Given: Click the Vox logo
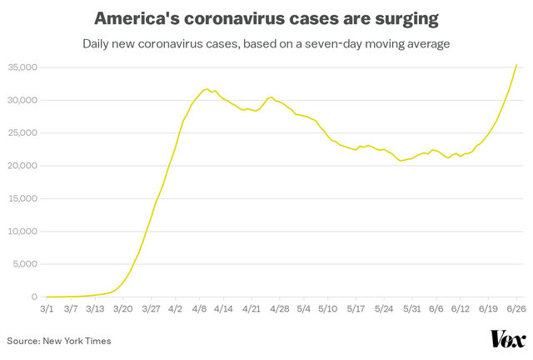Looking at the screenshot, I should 507,339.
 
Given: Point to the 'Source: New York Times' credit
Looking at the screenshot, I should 59,340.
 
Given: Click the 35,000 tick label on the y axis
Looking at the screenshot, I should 22,67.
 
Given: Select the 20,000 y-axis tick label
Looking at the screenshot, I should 22,166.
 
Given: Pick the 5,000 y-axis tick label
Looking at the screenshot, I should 25,264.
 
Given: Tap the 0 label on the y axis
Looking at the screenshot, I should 35,297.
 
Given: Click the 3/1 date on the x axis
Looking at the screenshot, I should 47,308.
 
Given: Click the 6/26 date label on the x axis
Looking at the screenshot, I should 516,308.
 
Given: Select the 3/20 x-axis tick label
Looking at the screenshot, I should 124,308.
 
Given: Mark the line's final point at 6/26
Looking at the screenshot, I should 516,65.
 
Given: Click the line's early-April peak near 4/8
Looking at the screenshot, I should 207,88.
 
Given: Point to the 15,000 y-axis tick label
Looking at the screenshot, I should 22,198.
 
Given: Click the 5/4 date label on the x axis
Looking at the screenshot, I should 304,308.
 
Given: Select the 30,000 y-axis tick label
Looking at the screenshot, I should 22,100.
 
